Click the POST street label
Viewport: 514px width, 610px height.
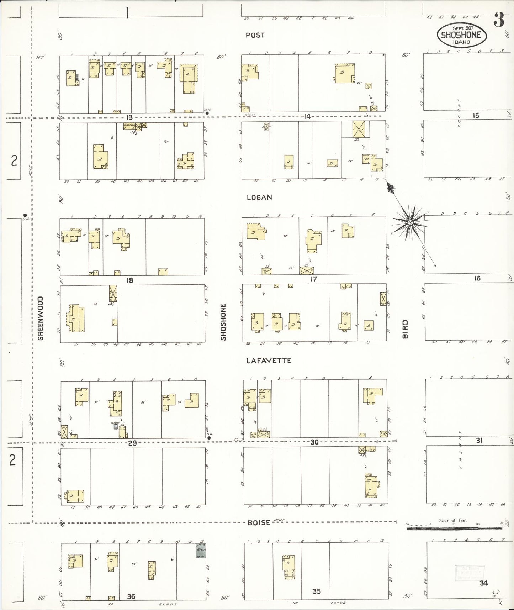click(255, 35)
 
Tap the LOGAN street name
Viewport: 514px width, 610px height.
click(259, 198)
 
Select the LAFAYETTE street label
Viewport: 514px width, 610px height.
click(269, 361)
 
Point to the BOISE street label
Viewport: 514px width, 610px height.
click(259, 522)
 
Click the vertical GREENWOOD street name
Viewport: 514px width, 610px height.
click(41, 318)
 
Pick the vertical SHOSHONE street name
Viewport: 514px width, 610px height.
click(223, 322)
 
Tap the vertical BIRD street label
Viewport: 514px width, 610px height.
click(405, 329)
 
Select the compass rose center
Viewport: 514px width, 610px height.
click(410, 222)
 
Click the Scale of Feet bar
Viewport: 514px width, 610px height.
click(454, 529)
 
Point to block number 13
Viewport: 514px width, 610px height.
click(129, 117)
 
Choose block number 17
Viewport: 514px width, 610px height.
click(313, 279)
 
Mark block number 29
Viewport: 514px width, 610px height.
click(132, 443)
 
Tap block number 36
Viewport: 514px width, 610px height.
click(131, 596)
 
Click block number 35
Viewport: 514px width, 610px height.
click(316, 591)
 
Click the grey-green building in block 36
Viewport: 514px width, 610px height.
click(200, 550)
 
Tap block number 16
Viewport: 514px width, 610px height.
click(477, 278)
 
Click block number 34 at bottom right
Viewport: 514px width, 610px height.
click(483, 583)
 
